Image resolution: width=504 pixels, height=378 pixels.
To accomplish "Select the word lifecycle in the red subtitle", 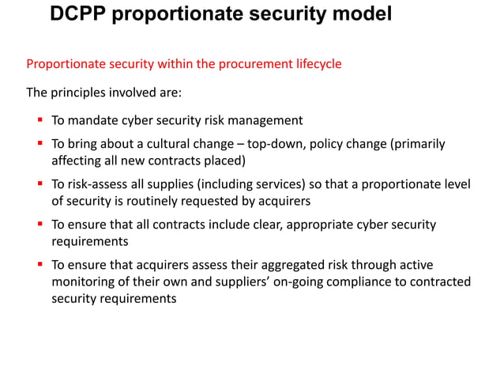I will click(x=313, y=64).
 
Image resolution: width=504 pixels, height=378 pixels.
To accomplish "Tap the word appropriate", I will click(x=323, y=225).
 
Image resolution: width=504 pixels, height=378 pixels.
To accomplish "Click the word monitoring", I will click(x=85, y=282).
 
